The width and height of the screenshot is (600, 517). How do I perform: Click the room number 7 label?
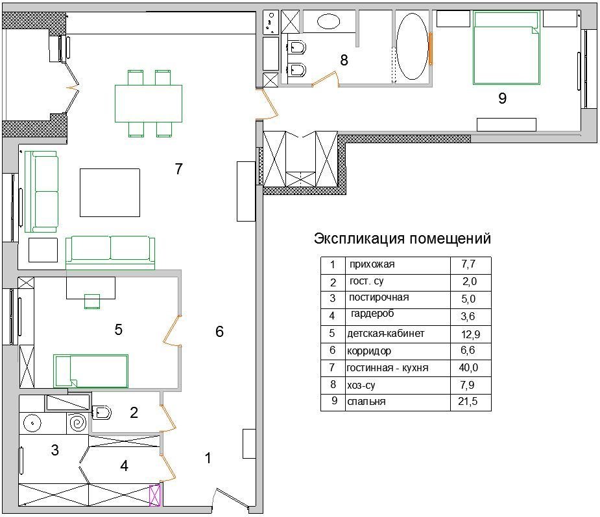click(x=178, y=169)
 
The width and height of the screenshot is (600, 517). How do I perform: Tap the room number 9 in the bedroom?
click(x=503, y=98)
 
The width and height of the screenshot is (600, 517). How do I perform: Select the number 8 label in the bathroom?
click(x=344, y=60)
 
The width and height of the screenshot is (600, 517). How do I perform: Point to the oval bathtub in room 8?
click(x=412, y=47)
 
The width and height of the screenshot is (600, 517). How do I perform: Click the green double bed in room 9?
click(x=506, y=48)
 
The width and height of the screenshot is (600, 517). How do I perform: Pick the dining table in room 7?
click(x=149, y=104)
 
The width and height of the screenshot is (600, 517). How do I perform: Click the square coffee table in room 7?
click(x=110, y=192)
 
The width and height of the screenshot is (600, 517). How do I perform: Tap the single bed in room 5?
click(x=91, y=371)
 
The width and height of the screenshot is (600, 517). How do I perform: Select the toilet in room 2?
click(x=102, y=413)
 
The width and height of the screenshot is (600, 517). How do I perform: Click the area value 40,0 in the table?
click(x=468, y=367)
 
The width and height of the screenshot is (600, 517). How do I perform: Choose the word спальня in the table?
click(x=366, y=402)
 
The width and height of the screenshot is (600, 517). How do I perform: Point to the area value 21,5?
click(x=468, y=401)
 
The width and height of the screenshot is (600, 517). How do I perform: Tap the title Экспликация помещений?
click(x=402, y=238)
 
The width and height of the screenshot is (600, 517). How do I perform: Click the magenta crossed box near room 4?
click(x=154, y=495)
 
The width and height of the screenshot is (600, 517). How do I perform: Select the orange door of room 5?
click(x=171, y=331)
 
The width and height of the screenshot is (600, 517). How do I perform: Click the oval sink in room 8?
click(x=329, y=22)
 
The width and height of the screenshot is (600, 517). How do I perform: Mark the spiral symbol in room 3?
click(x=78, y=423)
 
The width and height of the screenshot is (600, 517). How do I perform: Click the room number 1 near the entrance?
click(x=208, y=458)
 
